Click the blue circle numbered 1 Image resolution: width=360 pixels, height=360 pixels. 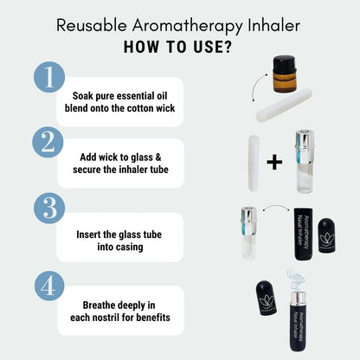pyautogui.click(x=49, y=77)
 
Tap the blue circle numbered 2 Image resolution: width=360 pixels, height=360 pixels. pyautogui.click(x=48, y=142)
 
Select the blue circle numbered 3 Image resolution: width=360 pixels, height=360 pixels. pyautogui.click(x=49, y=209)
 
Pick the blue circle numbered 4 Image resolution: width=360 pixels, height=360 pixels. pyautogui.click(x=49, y=286)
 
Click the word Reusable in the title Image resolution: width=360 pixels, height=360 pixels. pyautogui.click(x=92, y=25)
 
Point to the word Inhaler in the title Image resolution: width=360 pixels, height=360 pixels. pyautogui.click(x=273, y=25)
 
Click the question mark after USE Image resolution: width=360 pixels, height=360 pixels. pyautogui.click(x=228, y=47)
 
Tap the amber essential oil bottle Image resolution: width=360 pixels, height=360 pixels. pyautogui.click(x=284, y=74)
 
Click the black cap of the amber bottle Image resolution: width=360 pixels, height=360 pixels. pyautogui.click(x=284, y=64)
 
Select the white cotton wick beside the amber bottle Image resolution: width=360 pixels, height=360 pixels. pyautogui.click(x=284, y=105)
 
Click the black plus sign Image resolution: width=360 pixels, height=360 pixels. pyautogui.click(x=274, y=162)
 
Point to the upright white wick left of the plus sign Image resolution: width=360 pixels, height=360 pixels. pyautogui.click(x=254, y=164)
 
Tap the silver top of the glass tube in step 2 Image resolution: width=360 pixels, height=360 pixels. pyautogui.click(x=305, y=144)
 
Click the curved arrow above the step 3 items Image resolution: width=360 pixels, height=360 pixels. pyautogui.click(x=277, y=206)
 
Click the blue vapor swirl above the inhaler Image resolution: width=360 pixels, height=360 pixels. pyautogui.click(x=297, y=280)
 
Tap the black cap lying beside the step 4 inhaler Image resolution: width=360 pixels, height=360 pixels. pyautogui.click(x=267, y=298)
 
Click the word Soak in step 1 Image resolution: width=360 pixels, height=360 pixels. pyautogui.click(x=82, y=95)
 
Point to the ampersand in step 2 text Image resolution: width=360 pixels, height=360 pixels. pyautogui.click(x=158, y=157)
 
